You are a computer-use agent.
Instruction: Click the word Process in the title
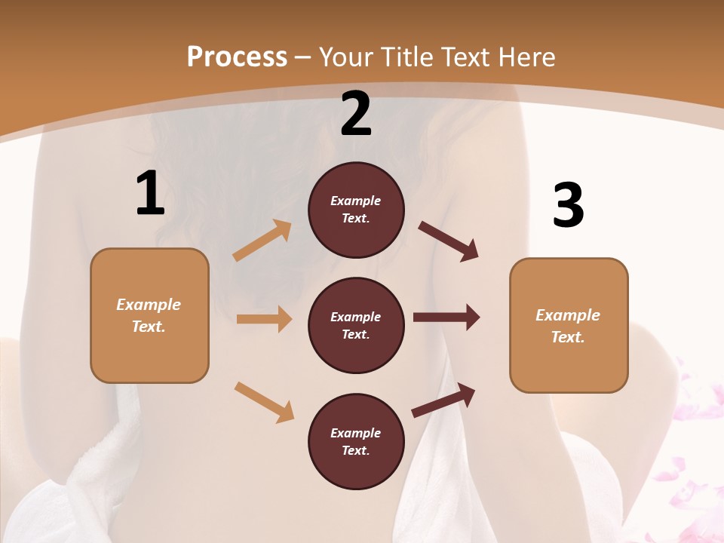(237, 57)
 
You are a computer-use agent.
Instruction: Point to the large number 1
(150, 194)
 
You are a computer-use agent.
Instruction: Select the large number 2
(356, 114)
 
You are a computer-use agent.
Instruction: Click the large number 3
(568, 206)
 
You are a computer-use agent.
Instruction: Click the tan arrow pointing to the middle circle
(264, 319)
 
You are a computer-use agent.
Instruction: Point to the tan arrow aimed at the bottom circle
(264, 401)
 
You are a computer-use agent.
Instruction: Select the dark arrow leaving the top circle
(449, 241)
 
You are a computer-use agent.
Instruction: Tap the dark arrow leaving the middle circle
(446, 318)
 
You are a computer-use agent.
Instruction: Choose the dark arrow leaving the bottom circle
(443, 400)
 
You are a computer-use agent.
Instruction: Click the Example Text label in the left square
(149, 315)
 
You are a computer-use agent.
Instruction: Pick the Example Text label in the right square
(568, 326)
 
